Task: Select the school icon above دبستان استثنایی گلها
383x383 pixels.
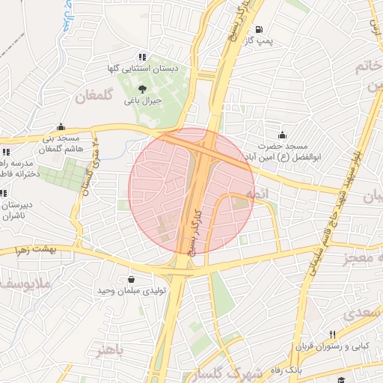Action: coord(141,57)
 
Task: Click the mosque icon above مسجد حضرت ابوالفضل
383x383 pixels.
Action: coord(281,135)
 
